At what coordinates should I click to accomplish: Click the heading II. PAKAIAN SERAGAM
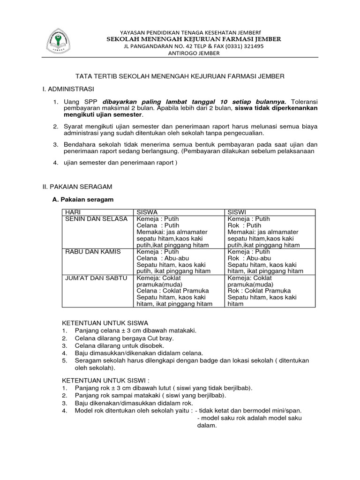coord(77,186)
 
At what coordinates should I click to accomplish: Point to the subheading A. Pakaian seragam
coord(83,199)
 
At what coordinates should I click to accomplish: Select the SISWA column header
coord(147,212)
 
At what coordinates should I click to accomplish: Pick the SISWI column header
coord(237,212)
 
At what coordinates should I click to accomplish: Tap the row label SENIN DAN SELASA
coord(96,219)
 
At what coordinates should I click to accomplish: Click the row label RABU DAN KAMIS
coord(93,252)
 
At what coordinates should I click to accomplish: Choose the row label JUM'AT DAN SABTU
coord(96,278)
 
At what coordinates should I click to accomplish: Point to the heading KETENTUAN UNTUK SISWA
coord(105,323)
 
